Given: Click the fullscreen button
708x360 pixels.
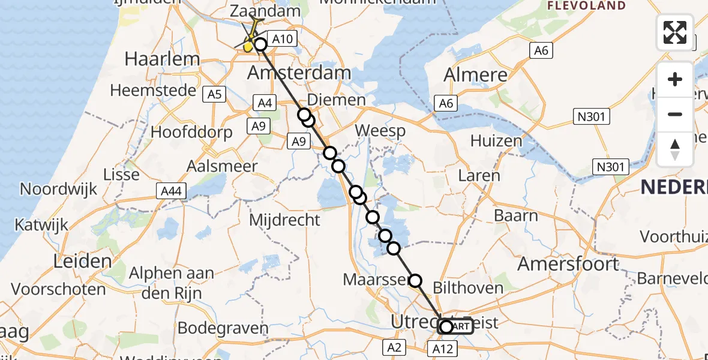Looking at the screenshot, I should coord(675,32).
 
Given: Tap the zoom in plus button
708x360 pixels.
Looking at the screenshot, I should coord(675,79).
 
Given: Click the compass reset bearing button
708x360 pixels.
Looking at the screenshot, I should coord(675,149).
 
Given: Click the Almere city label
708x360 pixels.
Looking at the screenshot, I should coord(475,75).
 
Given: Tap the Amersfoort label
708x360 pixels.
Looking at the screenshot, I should coord(568,263).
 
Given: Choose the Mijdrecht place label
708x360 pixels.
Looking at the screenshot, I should coord(284,220).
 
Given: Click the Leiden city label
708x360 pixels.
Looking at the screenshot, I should coord(82,261).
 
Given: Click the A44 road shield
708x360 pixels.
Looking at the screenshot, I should coord(172,191).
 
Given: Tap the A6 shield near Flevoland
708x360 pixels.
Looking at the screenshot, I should coord(541,51).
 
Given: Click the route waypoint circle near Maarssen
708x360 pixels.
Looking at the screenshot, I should coord(415,280).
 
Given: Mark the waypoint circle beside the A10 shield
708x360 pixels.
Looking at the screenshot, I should coord(260,44).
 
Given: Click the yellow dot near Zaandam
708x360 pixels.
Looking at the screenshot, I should coord(248,46).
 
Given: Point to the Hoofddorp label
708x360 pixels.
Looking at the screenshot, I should coord(192,133).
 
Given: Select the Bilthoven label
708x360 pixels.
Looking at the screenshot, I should coord(467,288).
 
